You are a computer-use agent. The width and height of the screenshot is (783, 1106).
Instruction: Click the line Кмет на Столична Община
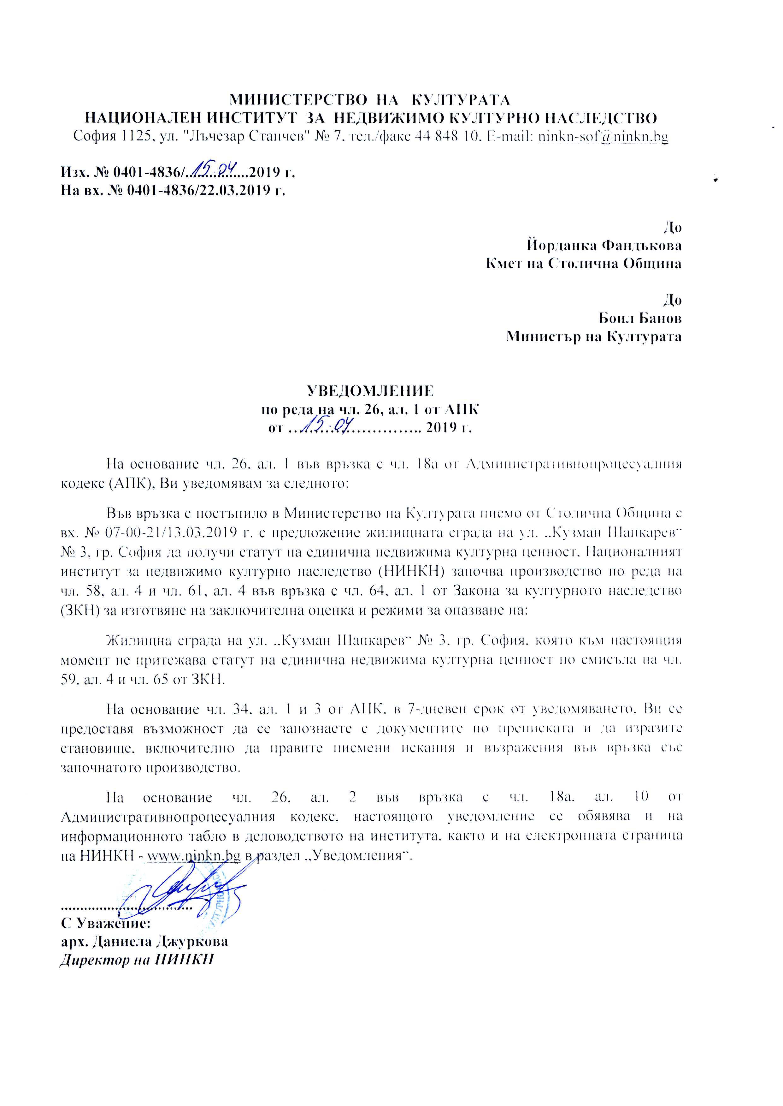[x=583, y=264]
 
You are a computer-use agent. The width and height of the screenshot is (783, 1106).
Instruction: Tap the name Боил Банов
[x=640, y=318]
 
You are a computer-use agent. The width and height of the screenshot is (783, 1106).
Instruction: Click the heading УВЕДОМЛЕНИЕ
[x=370, y=390]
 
